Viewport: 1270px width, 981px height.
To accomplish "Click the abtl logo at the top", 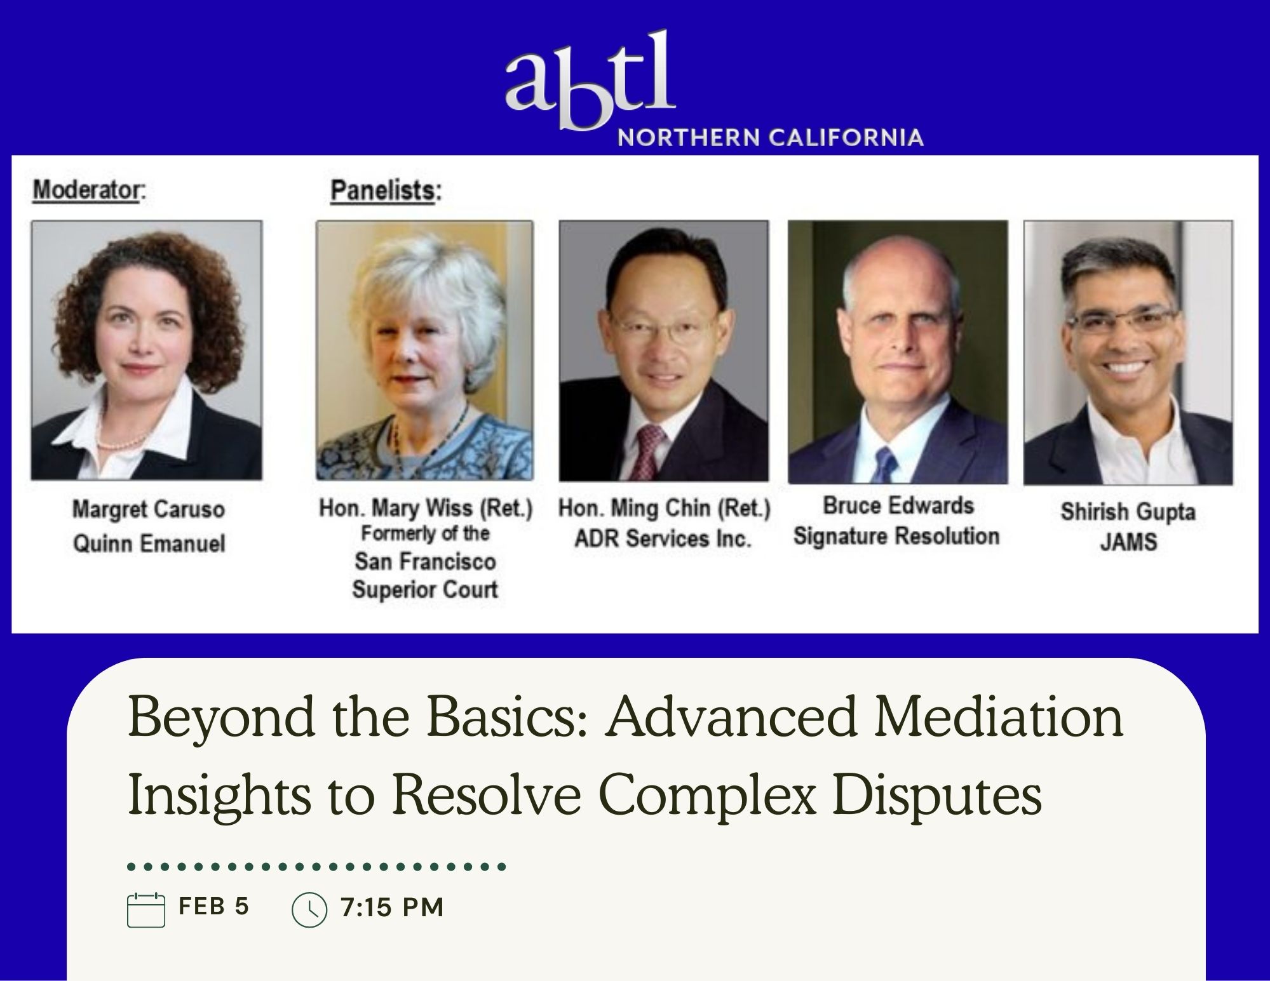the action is pyautogui.click(x=590, y=79).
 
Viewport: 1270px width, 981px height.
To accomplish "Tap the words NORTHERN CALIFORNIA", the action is pyautogui.click(x=771, y=137).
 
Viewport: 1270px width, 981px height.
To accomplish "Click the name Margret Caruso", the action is pyautogui.click(x=148, y=509).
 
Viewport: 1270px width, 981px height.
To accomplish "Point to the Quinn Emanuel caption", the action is pyautogui.click(x=149, y=544).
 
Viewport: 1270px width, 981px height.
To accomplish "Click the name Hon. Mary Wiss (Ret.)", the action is pyautogui.click(x=425, y=508).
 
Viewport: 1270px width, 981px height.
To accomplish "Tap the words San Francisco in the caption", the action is pyautogui.click(x=425, y=561).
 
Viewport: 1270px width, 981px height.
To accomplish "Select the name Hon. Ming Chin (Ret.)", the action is pyautogui.click(x=664, y=508).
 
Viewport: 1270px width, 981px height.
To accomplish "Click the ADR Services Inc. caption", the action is pyautogui.click(x=663, y=538).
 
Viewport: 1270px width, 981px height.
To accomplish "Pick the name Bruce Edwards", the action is pyautogui.click(x=898, y=505).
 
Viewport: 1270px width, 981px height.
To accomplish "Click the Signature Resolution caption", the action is pyautogui.click(x=896, y=536).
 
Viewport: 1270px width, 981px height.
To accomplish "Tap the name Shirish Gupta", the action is pyautogui.click(x=1128, y=512).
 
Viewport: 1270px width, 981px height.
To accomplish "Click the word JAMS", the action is pyautogui.click(x=1128, y=542).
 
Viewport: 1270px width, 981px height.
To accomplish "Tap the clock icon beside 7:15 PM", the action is pyautogui.click(x=309, y=911).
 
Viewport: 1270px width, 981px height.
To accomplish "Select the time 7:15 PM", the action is pyautogui.click(x=392, y=907).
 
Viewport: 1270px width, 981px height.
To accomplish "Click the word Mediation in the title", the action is pyautogui.click(x=992, y=717).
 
